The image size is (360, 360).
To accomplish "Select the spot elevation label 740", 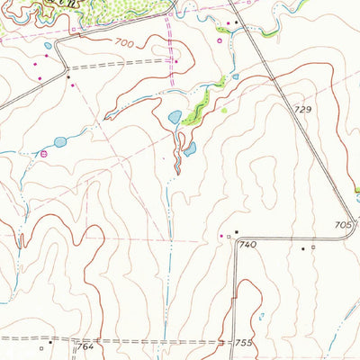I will coord(248,244).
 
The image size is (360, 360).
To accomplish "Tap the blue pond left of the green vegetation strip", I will coord(175,117).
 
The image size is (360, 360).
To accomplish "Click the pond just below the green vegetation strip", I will coord(190,148).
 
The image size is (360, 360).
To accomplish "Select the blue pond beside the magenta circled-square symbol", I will coord(59,142).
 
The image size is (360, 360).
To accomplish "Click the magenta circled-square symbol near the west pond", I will coord(43,155).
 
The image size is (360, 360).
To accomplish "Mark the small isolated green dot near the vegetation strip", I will coord(223,110).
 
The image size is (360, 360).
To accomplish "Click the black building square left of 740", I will coord(236,232).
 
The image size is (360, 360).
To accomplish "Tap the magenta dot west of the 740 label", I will coord(222,236).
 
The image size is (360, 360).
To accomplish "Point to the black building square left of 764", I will coord(51,342).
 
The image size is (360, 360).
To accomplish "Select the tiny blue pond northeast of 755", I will coord(262,316).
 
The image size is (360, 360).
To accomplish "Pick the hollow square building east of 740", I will coord(313,246).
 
